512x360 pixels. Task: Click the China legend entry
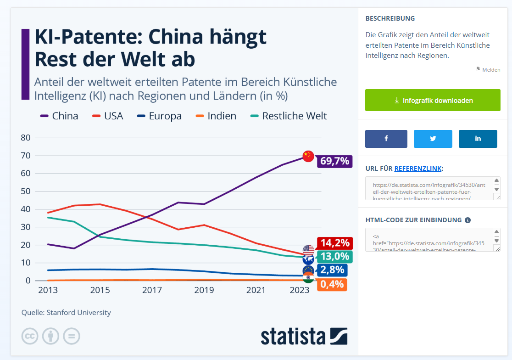[60, 116]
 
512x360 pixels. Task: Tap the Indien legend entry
[216, 116]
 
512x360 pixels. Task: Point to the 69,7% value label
[334, 161]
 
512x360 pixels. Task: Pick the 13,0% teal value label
[334, 257]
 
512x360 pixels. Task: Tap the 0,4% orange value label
[332, 284]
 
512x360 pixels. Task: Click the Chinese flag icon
[308, 156]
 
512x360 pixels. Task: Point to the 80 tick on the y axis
[26, 138]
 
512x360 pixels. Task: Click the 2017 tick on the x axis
[152, 290]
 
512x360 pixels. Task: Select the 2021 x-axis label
[256, 290]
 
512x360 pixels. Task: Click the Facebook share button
[386, 139]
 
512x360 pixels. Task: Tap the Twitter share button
[433, 139]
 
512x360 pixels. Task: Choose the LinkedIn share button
[478, 139]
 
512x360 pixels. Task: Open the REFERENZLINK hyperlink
[418, 169]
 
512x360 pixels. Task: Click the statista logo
[304, 336]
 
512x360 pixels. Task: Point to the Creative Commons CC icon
[30, 336]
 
